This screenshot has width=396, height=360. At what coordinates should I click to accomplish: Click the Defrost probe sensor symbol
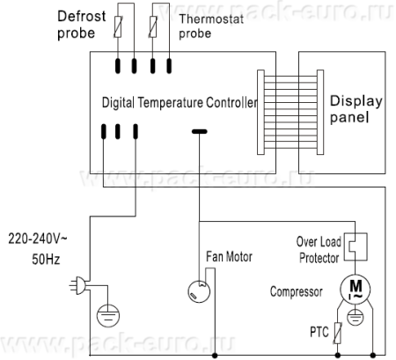[118, 27]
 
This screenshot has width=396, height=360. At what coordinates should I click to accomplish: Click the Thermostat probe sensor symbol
[153, 27]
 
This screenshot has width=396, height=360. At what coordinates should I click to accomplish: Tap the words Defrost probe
[82, 25]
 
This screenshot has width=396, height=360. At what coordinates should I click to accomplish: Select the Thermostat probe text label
[211, 26]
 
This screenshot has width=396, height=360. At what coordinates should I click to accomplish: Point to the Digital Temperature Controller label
[180, 103]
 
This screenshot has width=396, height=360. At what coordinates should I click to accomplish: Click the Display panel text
[356, 109]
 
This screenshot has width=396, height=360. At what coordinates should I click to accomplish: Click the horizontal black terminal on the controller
[200, 131]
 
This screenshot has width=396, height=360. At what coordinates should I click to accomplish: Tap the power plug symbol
[78, 285]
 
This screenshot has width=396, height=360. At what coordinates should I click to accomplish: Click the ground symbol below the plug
[108, 316]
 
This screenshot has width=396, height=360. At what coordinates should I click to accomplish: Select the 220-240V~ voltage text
[38, 239]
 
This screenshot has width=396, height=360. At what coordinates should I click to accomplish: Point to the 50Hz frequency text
[46, 260]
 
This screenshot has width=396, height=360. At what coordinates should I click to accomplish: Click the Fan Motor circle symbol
[199, 291]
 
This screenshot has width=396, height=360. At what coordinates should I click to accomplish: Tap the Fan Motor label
[229, 257]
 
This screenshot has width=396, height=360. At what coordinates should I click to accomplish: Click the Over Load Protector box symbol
[356, 246]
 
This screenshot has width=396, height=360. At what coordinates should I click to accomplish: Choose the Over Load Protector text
[319, 250]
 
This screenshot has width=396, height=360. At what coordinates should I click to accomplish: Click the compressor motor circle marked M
[356, 289]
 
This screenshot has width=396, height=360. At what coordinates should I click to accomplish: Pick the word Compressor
[297, 292]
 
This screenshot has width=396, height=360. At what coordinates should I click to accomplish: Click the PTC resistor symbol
[338, 333]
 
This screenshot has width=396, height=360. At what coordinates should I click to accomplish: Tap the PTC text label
[319, 332]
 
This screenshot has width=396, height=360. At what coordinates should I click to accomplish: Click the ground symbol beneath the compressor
[356, 317]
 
